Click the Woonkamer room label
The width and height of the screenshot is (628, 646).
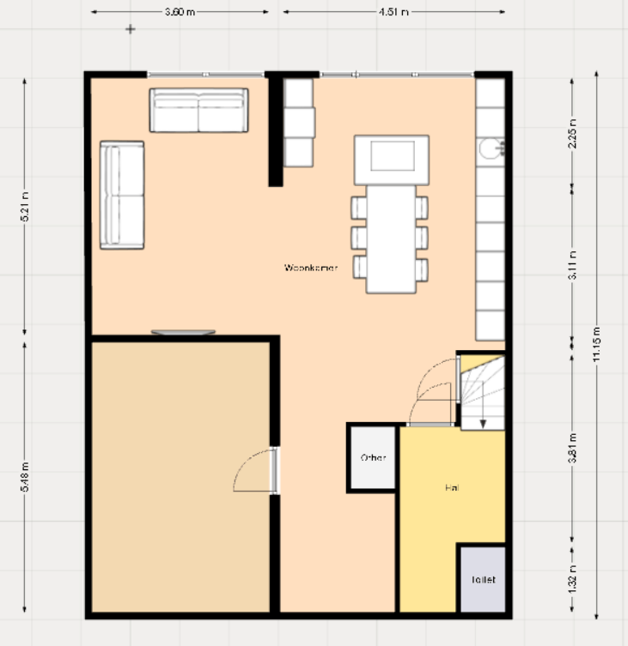point(311,268)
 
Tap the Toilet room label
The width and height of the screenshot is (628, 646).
point(483,579)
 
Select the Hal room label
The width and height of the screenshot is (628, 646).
point(451,487)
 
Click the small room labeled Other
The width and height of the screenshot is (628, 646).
point(373,457)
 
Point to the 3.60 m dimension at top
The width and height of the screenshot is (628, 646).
point(180,12)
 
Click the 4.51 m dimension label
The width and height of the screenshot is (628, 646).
point(392,12)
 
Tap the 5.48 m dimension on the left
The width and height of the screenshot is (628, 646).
point(25,478)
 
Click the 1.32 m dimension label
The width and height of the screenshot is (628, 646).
point(572,580)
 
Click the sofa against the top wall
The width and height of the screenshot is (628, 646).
point(198,110)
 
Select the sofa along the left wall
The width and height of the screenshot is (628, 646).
point(121,196)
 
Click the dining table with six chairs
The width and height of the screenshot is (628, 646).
point(391,238)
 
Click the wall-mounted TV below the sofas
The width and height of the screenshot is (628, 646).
point(183,332)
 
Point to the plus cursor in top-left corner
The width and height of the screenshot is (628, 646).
point(131,29)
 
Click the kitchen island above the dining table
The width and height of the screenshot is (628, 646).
point(391,160)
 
